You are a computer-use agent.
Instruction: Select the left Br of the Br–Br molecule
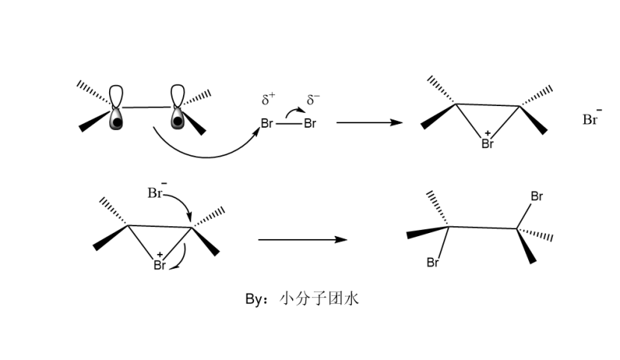pos(267,123)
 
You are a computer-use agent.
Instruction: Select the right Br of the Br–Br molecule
pos(309,123)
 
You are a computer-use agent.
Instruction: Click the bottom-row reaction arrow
pos(302,240)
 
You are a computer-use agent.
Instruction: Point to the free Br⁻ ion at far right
pos(592,119)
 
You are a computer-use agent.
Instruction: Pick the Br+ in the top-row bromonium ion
pos(488,143)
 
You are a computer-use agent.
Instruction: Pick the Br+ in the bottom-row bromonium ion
pos(159,264)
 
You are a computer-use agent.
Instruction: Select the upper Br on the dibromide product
pos(536,196)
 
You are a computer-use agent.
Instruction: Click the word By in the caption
pos(255,299)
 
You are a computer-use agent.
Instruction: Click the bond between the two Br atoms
pos(288,124)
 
